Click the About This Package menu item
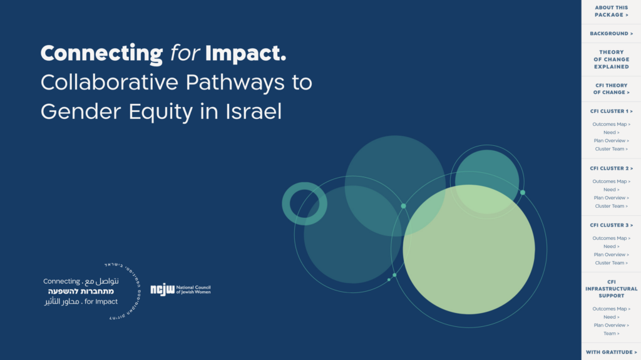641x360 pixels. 611,11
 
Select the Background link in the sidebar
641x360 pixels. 611,34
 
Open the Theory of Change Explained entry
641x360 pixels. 611,59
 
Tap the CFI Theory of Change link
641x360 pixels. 611,89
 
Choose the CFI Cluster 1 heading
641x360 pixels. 611,111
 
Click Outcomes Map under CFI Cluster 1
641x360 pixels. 611,125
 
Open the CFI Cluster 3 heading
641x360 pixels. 611,225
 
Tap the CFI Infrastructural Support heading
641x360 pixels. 611,289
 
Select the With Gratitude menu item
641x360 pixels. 611,352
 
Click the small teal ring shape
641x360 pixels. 305,203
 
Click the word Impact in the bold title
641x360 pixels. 245,54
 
